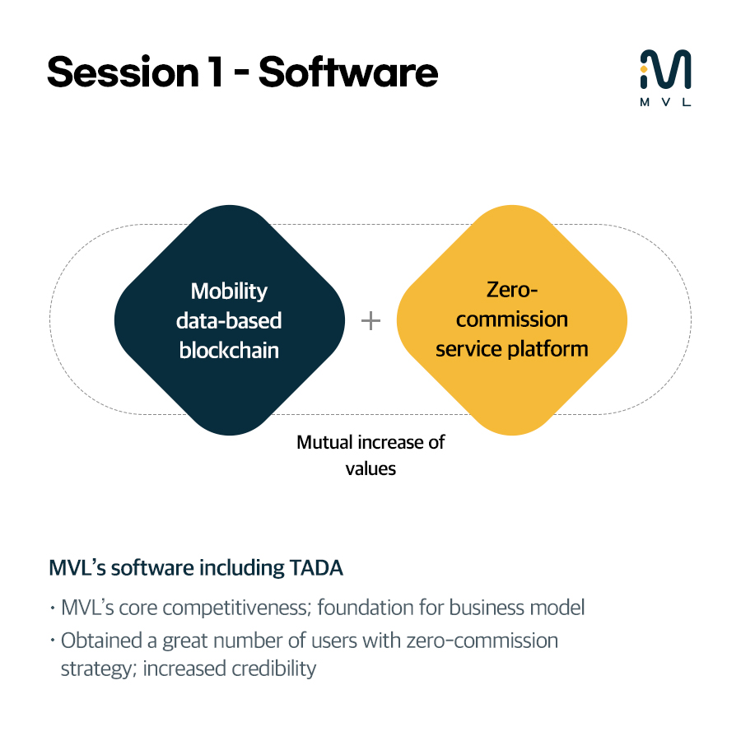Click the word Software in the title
348,72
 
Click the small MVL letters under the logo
665,103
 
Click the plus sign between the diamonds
371,320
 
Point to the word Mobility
229,291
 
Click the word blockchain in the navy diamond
229,350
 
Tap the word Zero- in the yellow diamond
511,290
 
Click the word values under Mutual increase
370,468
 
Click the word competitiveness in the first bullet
231,609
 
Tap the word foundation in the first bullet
365,608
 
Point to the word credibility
273,668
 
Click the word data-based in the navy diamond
229,320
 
